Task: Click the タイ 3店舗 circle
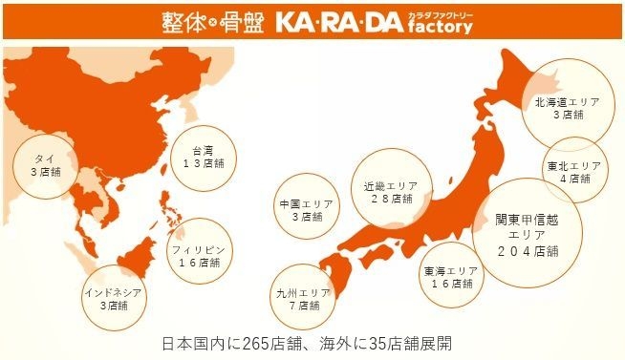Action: (38, 165)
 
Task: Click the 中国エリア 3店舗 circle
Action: (302, 210)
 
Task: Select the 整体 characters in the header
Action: (178, 21)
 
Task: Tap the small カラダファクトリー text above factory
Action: (442, 12)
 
